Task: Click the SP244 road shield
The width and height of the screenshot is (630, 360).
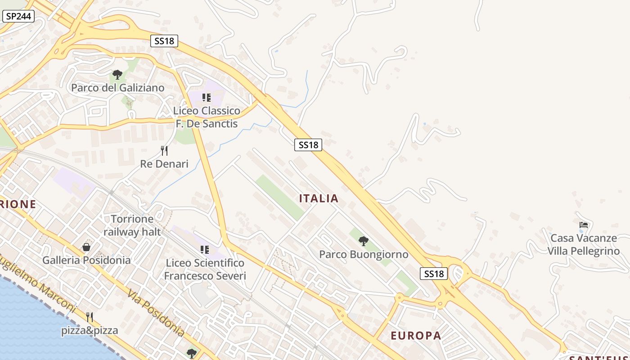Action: [18, 17]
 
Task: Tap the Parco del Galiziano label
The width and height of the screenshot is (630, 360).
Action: [118, 88]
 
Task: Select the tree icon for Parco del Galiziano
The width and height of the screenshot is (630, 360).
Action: [117, 74]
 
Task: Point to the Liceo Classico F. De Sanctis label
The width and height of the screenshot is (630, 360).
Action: [207, 117]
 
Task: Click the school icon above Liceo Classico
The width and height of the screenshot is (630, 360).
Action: [207, 97]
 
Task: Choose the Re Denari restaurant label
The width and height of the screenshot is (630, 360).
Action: [164, 164]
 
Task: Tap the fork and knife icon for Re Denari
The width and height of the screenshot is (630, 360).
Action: [164, 151]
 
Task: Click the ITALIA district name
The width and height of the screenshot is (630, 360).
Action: [319, 198]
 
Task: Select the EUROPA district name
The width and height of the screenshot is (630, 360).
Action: [416, 336]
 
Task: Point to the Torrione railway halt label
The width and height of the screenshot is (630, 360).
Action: [132, 225]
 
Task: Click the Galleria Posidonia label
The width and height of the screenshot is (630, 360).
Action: [86, 260]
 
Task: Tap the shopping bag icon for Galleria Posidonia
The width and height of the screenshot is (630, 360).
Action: [86, 247]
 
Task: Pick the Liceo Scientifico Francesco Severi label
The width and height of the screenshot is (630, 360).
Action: [205, 269]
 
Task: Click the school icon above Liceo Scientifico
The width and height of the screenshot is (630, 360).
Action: [205, 249]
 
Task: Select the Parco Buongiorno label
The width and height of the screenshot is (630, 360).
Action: [364, 254]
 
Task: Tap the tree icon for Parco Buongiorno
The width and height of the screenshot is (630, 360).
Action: [364, 241]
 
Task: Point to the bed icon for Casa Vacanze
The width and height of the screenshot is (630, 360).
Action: [584, 225]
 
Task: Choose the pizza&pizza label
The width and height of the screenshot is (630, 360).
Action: [90, 331]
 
